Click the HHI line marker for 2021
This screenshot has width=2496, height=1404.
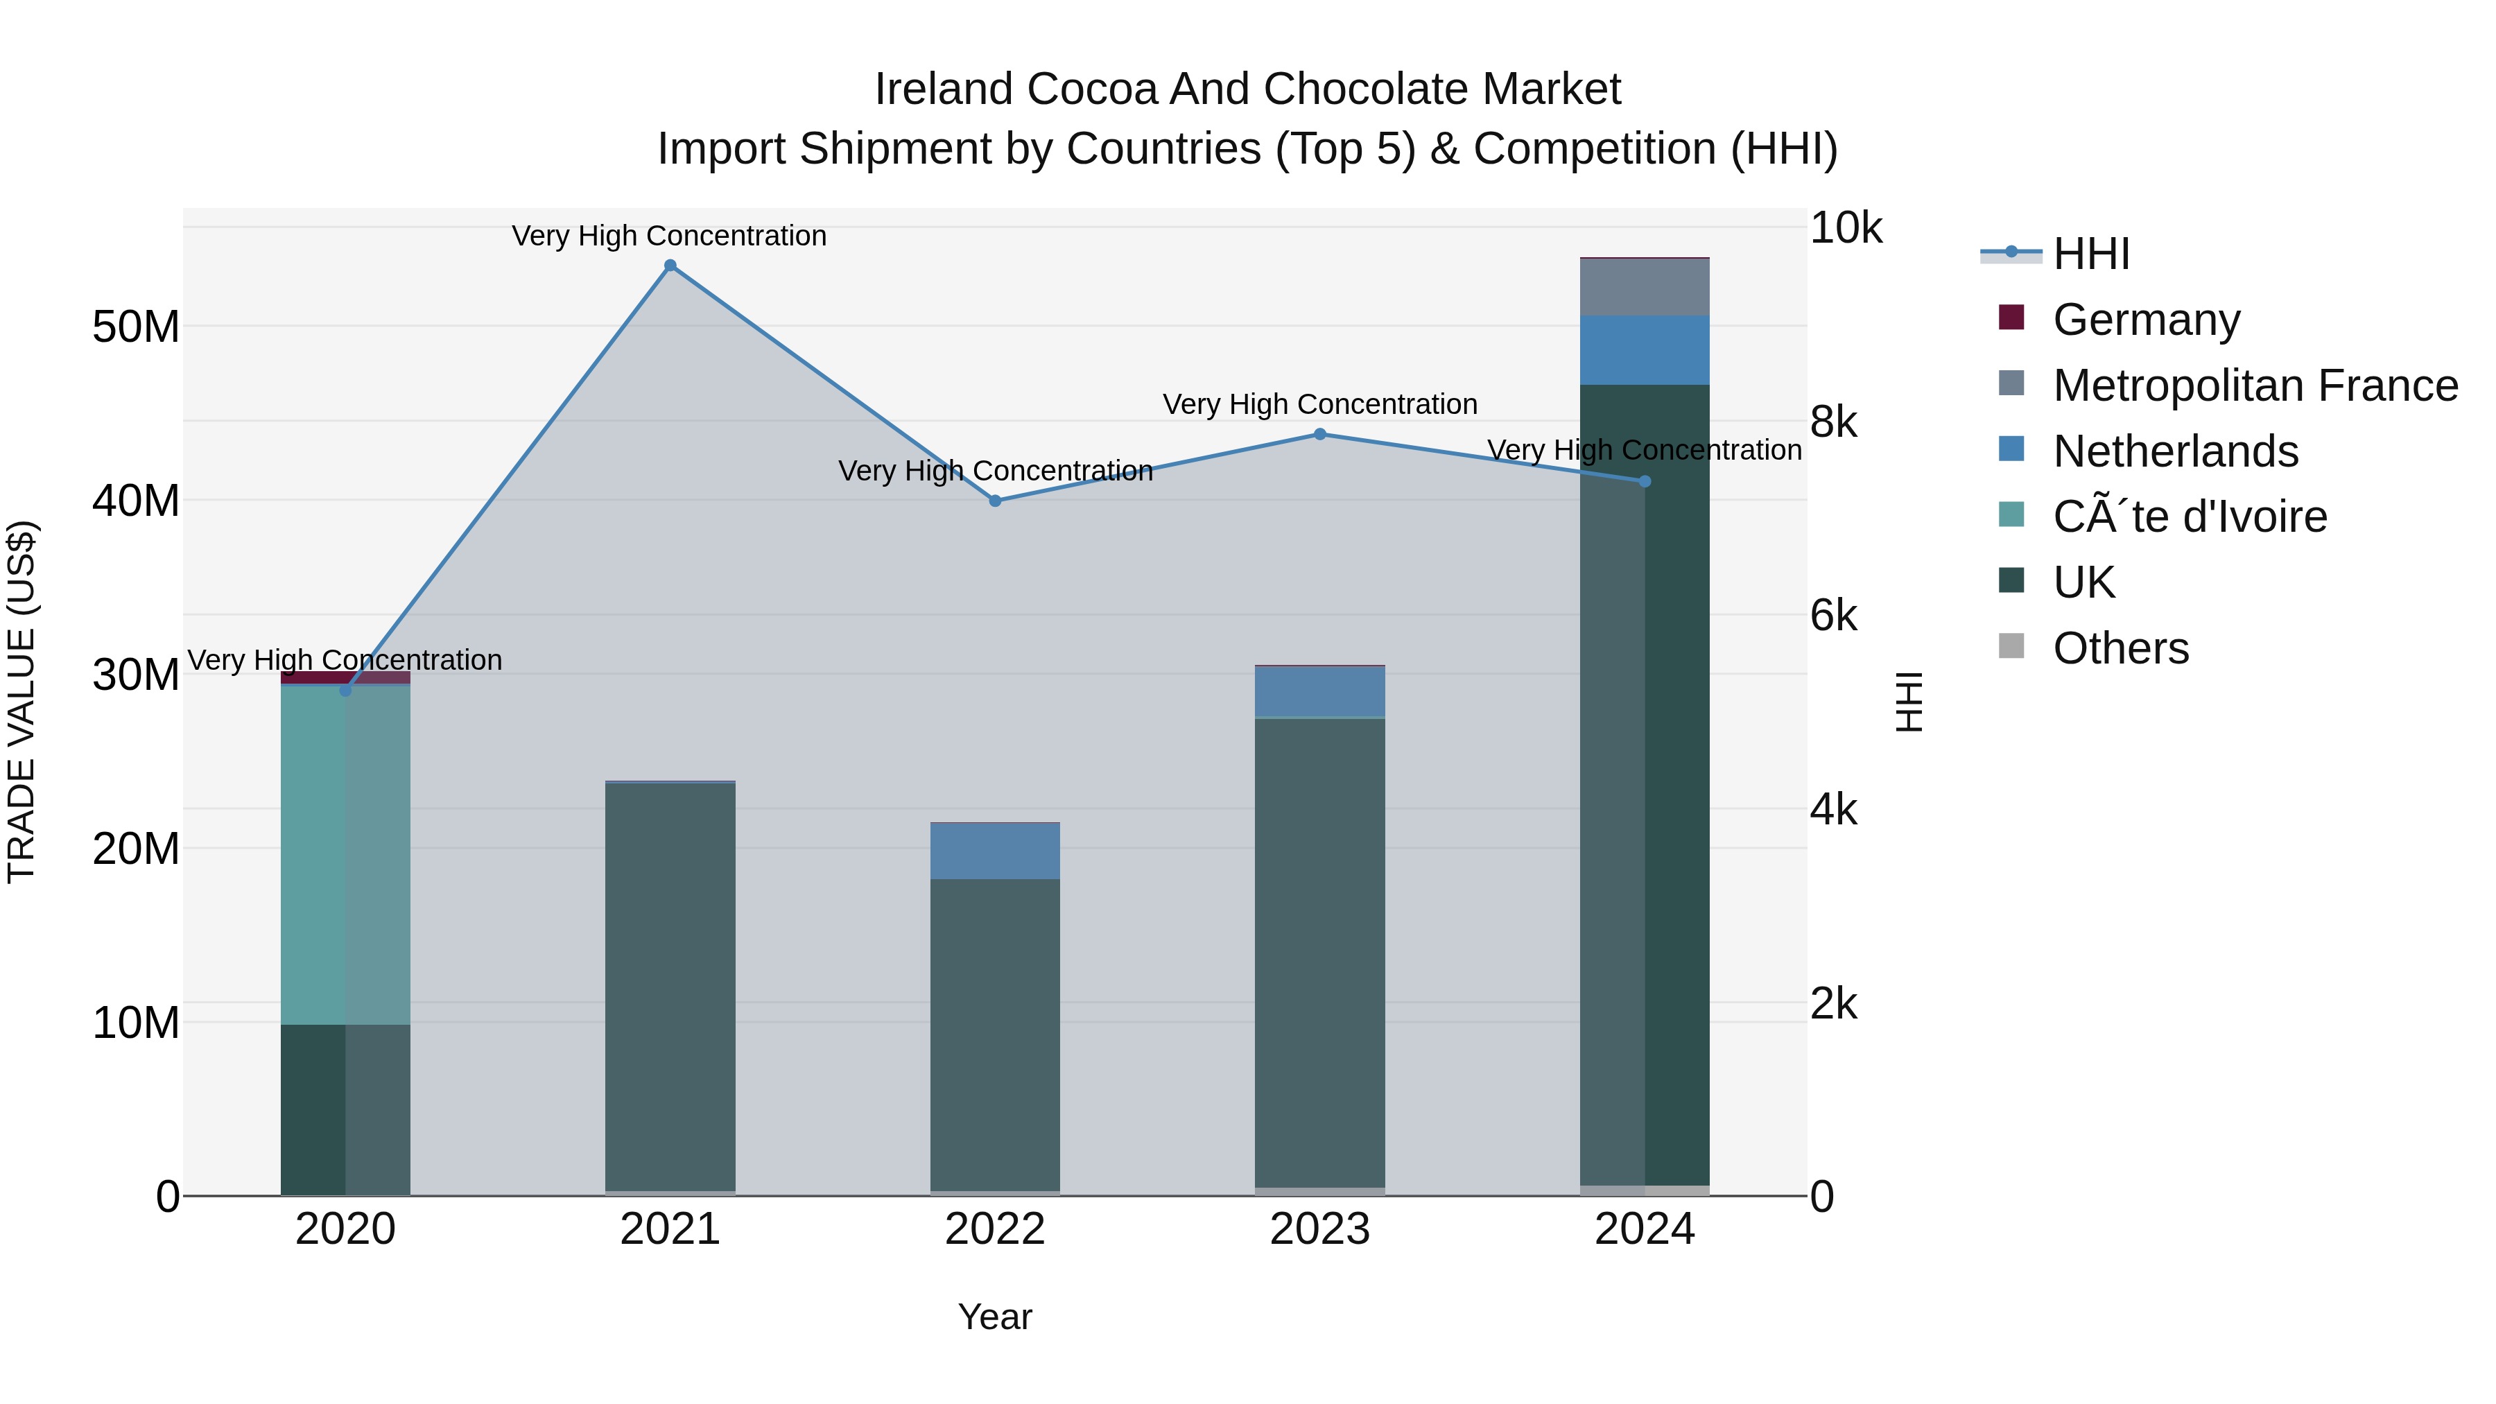[670, 266]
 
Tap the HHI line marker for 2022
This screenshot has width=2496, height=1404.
[995, 501]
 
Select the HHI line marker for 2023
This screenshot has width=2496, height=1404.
[1319, 434]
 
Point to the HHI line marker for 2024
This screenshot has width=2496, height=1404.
[1645, 482]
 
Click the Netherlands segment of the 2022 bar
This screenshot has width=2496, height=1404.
[995, 851]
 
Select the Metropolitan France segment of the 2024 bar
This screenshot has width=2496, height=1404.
[1645, 287]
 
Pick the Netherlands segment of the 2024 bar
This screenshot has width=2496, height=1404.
[1645, 350]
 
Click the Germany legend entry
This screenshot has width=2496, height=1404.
[2145, 320]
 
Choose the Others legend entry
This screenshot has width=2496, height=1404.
[2120, 648]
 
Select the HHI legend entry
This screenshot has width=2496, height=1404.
[2091, 254]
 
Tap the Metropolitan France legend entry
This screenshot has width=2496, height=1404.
[2254, 385]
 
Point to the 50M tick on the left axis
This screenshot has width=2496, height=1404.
[136, 327]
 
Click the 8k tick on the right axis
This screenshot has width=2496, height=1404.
[1833, 422]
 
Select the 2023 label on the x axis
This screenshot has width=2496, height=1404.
[1319, 1229]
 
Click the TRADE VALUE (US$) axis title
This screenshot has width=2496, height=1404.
[21, 702]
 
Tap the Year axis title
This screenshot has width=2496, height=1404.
[995, 1317]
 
